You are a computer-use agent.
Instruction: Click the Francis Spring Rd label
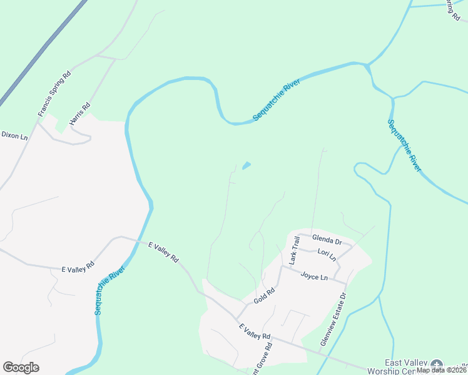pyautogui.click(x=55, y=94)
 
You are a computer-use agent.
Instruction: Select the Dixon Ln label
pyautogui.click(x=14, y=135)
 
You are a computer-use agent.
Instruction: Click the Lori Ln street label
pyautogui.click(x=327, y=255)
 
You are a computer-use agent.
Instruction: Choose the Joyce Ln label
pyautogui.click(x=314, y=276)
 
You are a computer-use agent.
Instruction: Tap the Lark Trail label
pyautogui.click(x=294, y=249)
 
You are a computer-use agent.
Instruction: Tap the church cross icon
pyautogui.click(x=437, y=365)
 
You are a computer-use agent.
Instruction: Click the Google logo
pyautogui.click(x=21, y=367)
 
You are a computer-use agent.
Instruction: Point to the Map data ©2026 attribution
pyautogui.click(x=441, y=370)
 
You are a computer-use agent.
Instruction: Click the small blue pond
pyautogui.click(x=247, y=166)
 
